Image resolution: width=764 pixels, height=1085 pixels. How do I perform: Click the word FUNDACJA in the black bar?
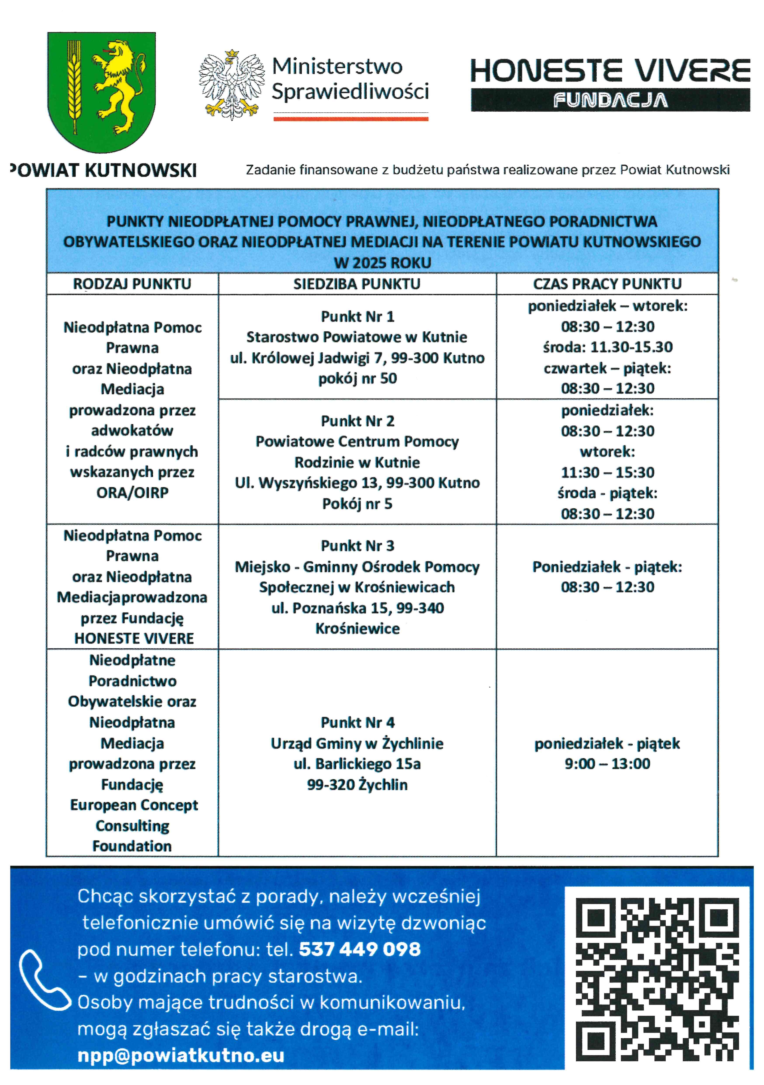(610, 100)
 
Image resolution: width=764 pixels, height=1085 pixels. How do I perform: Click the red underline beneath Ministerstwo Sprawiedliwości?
(351, 119)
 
